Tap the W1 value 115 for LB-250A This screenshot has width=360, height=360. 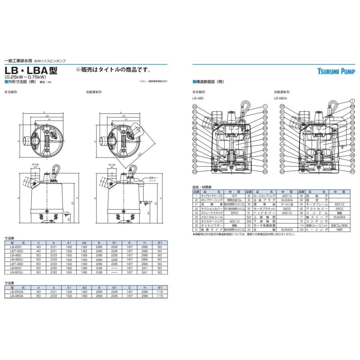coord(160,292)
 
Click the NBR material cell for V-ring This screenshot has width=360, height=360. coord(339,230)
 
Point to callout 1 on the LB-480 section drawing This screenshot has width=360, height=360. coord(265,106)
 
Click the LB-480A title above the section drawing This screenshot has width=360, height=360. coord(281,98)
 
